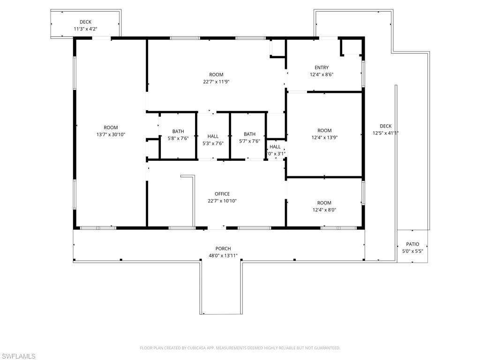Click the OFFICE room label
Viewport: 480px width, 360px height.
[x=222, y=194]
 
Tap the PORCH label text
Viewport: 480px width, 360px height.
[x=223, y=249]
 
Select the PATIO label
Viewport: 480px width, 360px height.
[x=412, y=244]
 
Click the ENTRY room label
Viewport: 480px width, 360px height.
[x=322, y=67]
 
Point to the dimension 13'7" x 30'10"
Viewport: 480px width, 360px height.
[x=111, y=135]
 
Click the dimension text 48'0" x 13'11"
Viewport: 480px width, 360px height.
[x=223, y=256]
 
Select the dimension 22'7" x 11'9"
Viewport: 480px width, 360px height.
[x=216, y=82]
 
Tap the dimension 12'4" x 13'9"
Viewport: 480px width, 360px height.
[x=324, y=137]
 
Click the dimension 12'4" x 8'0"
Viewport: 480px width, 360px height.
[x=324, y=210]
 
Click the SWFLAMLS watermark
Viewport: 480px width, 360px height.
[x=18, y=356]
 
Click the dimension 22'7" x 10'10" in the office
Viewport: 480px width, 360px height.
[x=222, y=201]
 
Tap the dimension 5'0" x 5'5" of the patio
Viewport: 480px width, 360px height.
[x=412, y=251]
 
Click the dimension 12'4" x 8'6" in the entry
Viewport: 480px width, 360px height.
[x=322, y=75]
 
